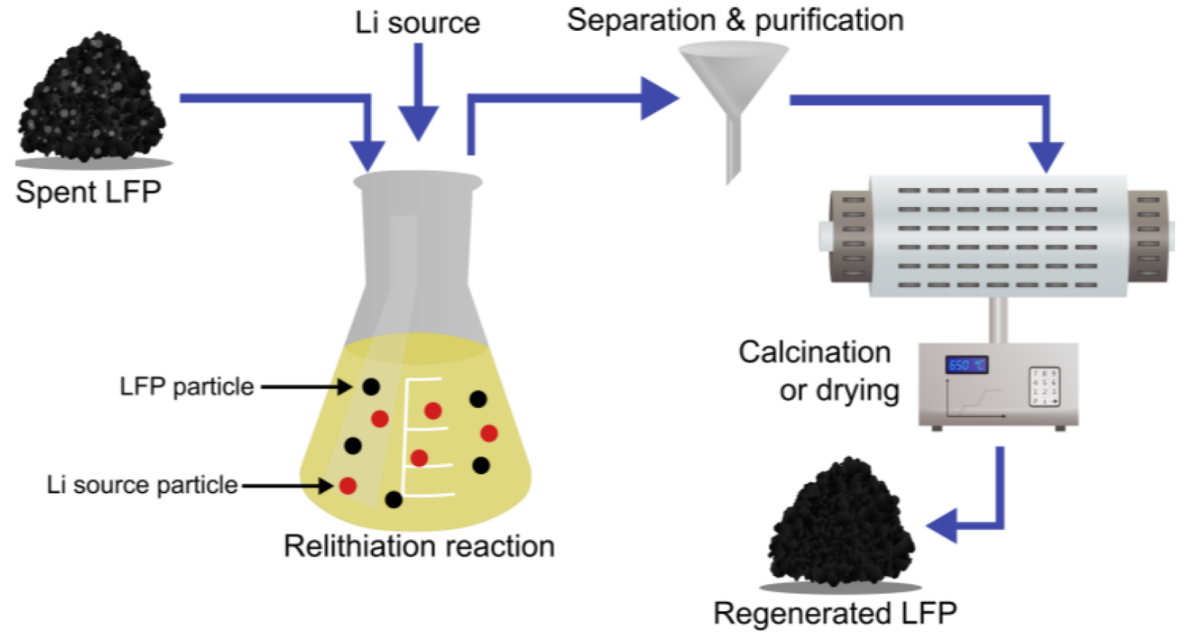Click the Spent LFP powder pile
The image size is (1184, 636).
coord(95,106)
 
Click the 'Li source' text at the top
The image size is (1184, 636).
coord(417,22)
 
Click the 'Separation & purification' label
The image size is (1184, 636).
coord(734,20)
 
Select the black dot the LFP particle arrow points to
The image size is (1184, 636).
coord(370,386)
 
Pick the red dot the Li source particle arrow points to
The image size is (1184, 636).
coord(347,486)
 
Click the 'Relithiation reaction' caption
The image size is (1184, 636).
coord(419,547)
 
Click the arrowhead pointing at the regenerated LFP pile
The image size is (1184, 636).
coord(944,525)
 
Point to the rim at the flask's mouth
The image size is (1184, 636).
coord(417,183)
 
